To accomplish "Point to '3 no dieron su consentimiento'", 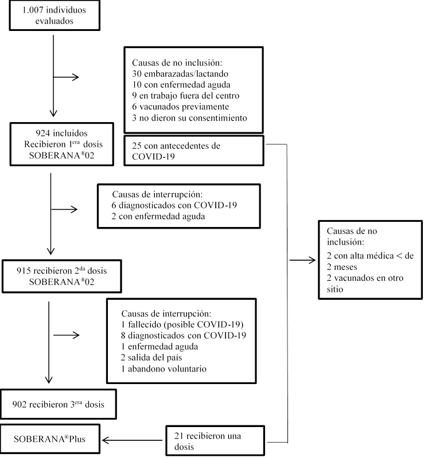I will tap(189, 118).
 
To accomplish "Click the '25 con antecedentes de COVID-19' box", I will tap(194, 150).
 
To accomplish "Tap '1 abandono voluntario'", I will tap(164, 368).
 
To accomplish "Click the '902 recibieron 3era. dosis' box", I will tap(59, 404).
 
